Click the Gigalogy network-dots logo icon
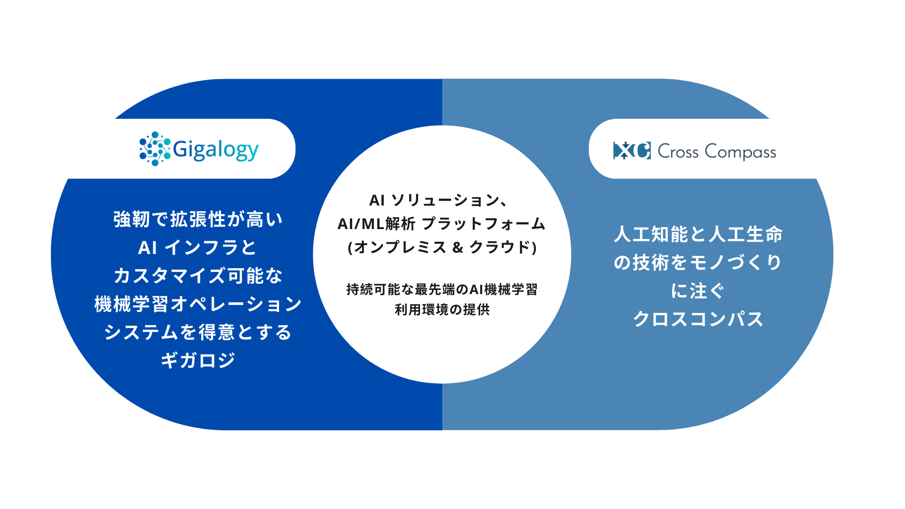click(x=155, y=149)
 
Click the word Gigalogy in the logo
click(x=216, y=150)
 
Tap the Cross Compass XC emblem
click(x=632, y=151)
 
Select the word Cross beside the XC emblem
click(x=678, y=152)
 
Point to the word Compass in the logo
click(x=740, y=152)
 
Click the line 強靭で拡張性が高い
click(x=198, y=220)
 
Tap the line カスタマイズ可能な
click(x=198, y=276)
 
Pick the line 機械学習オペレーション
click(x=198, y=304)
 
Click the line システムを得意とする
click(x=198, y=332)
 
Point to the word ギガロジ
click(x=198, y=361)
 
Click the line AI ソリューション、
click(x=438, y=200)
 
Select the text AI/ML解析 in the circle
click(x=376, y=224)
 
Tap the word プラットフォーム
click(x=484, y=224)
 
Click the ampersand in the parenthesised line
click(x=458, y=247)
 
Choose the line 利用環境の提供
click(x=442, y=310)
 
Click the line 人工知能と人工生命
click(x=698, y=234)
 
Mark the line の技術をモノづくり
click(x=698, y=263)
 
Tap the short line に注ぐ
click(x=698, y=291)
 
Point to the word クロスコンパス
click(x=698, y=319)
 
